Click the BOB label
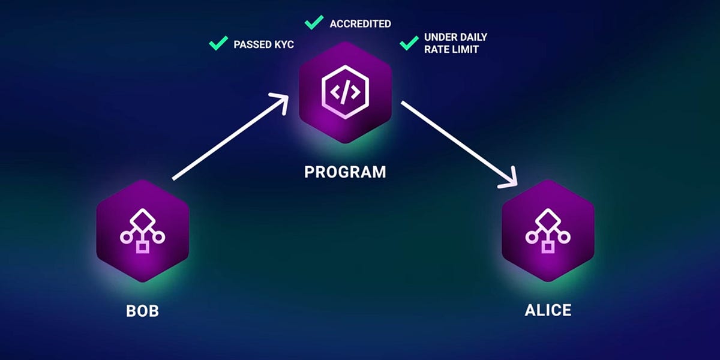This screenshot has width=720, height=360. [x=142, y=312]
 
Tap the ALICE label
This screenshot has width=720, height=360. [x=548, y=310]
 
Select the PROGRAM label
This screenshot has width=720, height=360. [x=345, y=172]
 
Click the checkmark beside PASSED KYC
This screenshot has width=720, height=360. [x=217, y=43]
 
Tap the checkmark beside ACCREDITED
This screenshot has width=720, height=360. [x=314, y=22]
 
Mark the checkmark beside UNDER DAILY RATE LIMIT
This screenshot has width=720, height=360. [x=409, y=42]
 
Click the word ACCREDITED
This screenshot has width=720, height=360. [x=360, y=24]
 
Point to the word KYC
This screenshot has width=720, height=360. [x=282, y=44]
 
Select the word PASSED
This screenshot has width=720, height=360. [x=252, y=44]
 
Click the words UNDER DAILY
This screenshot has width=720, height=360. [x=455, y=37]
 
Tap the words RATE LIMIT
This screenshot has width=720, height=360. [x=451, y=50]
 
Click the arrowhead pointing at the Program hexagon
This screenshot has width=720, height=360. [x=281, y=102]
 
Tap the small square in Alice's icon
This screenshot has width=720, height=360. [x=548, y=247]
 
